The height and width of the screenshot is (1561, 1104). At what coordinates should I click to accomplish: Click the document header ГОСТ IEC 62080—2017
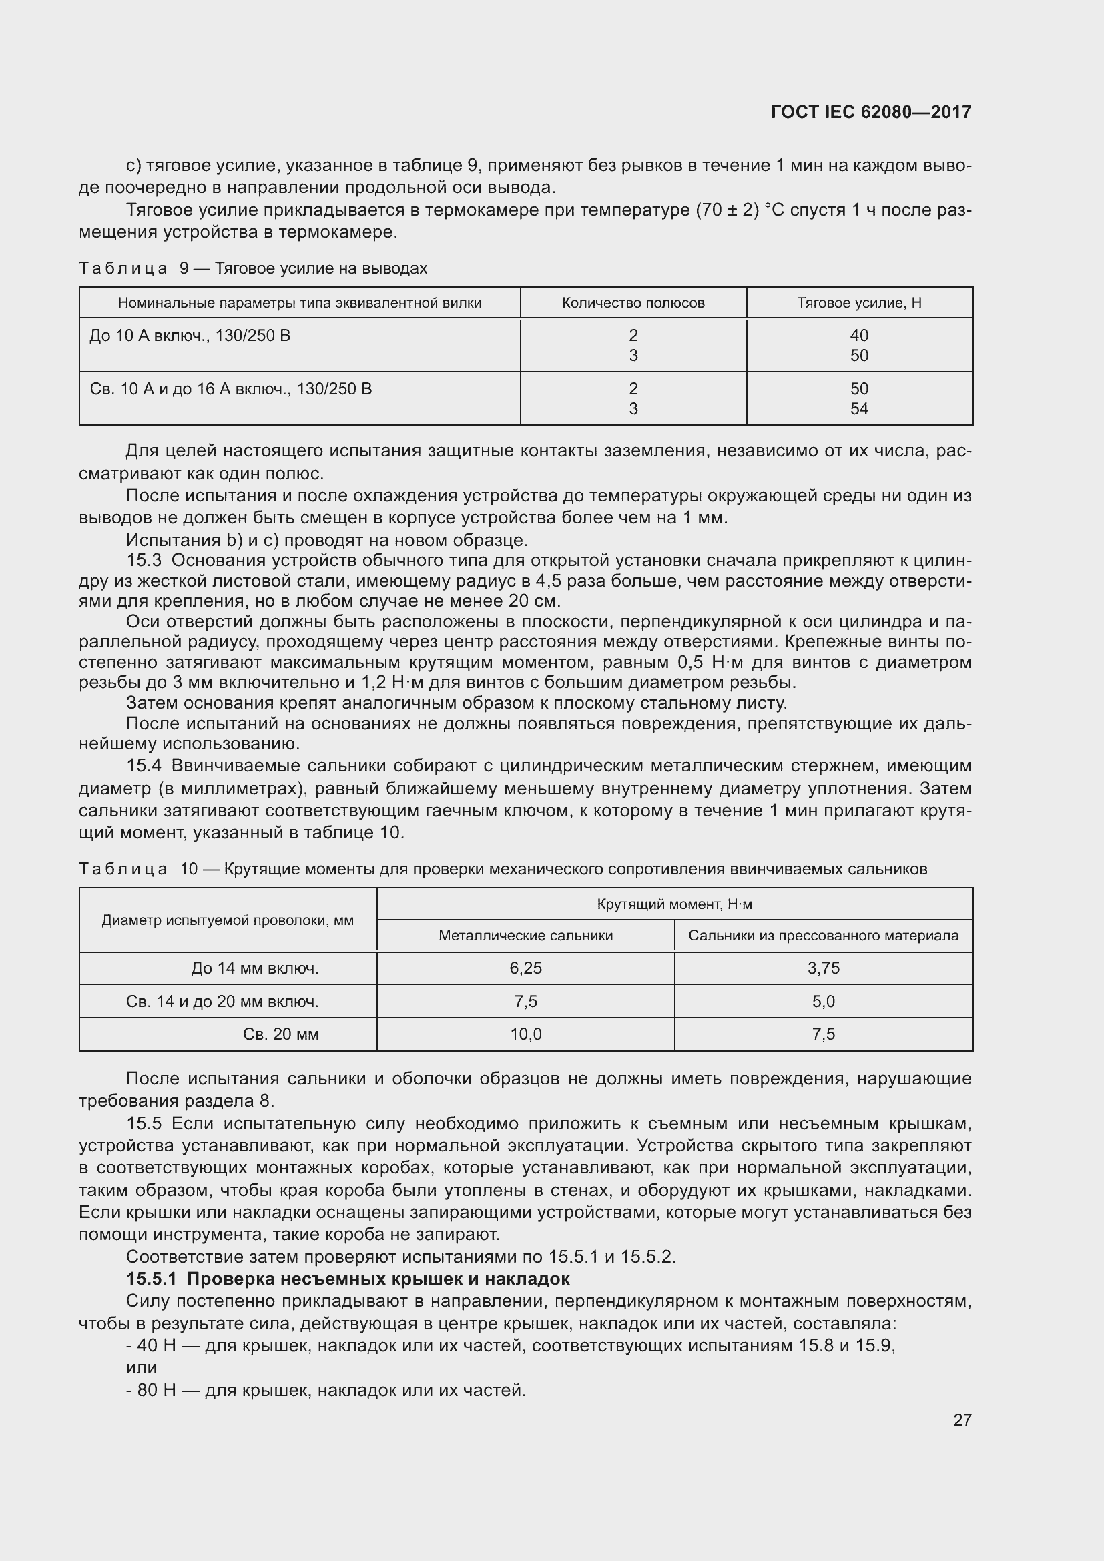coord(871,112)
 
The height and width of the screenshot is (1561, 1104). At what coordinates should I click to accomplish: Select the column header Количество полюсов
coord(633,303)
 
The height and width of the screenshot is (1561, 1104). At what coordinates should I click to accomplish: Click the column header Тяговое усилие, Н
coord(859,303)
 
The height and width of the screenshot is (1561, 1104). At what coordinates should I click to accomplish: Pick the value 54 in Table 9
coord(859,408)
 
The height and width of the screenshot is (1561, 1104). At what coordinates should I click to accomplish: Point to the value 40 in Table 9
coord(859,335)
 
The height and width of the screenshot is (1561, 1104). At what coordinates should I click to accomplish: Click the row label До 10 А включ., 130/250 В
coord(190,335)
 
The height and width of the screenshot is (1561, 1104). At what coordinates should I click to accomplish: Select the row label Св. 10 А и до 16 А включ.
coord(230,389)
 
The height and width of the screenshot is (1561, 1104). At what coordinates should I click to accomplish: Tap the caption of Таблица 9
coord(253,268)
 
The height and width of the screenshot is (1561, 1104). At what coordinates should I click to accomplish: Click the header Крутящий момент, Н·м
coord(674,904)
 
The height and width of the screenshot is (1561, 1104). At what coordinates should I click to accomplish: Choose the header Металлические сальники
coord(525,936)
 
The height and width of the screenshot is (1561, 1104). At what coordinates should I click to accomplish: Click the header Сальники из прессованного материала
coord(823,936)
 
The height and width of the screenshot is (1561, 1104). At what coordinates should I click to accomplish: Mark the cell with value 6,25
coord(525,968)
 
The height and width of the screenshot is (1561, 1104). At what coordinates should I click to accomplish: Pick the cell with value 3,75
coord(823,968)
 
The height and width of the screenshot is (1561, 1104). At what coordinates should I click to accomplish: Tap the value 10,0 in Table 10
coord(525,1034)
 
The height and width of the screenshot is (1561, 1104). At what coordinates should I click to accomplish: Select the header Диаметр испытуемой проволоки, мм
coord(228,920)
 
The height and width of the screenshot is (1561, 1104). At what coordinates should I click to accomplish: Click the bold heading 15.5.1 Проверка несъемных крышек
coord(347,1279)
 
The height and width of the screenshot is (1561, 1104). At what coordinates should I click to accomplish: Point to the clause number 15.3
coord(144,560)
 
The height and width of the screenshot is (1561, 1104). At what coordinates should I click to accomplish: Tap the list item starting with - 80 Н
coord(326,1389)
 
